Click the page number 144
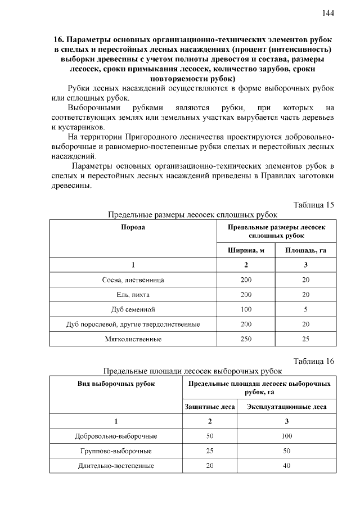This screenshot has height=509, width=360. [328, 13]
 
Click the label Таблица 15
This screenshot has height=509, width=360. [314, 204]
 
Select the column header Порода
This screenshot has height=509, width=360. [133, 227]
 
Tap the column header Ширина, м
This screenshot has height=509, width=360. [246, 250]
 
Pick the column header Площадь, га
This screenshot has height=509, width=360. [305, 250]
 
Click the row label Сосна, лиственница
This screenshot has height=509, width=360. [133, 280]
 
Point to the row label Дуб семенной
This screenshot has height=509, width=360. [133, 309]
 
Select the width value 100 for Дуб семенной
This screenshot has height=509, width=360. [246, 309]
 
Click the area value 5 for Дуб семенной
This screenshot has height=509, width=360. [305, 309]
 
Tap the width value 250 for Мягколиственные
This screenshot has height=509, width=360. [246, 339]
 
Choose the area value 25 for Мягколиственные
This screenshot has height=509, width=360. [305, 339]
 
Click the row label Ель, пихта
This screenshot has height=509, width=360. [133, 295]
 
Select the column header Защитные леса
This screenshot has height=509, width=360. [210, 406]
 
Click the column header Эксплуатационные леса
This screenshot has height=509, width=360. [286, 406]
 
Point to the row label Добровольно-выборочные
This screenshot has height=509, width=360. [116, 436]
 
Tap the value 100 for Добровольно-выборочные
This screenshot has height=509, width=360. [286, 436]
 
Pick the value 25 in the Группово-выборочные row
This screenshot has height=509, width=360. [210, 451]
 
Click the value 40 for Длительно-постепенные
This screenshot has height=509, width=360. [286, 466]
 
